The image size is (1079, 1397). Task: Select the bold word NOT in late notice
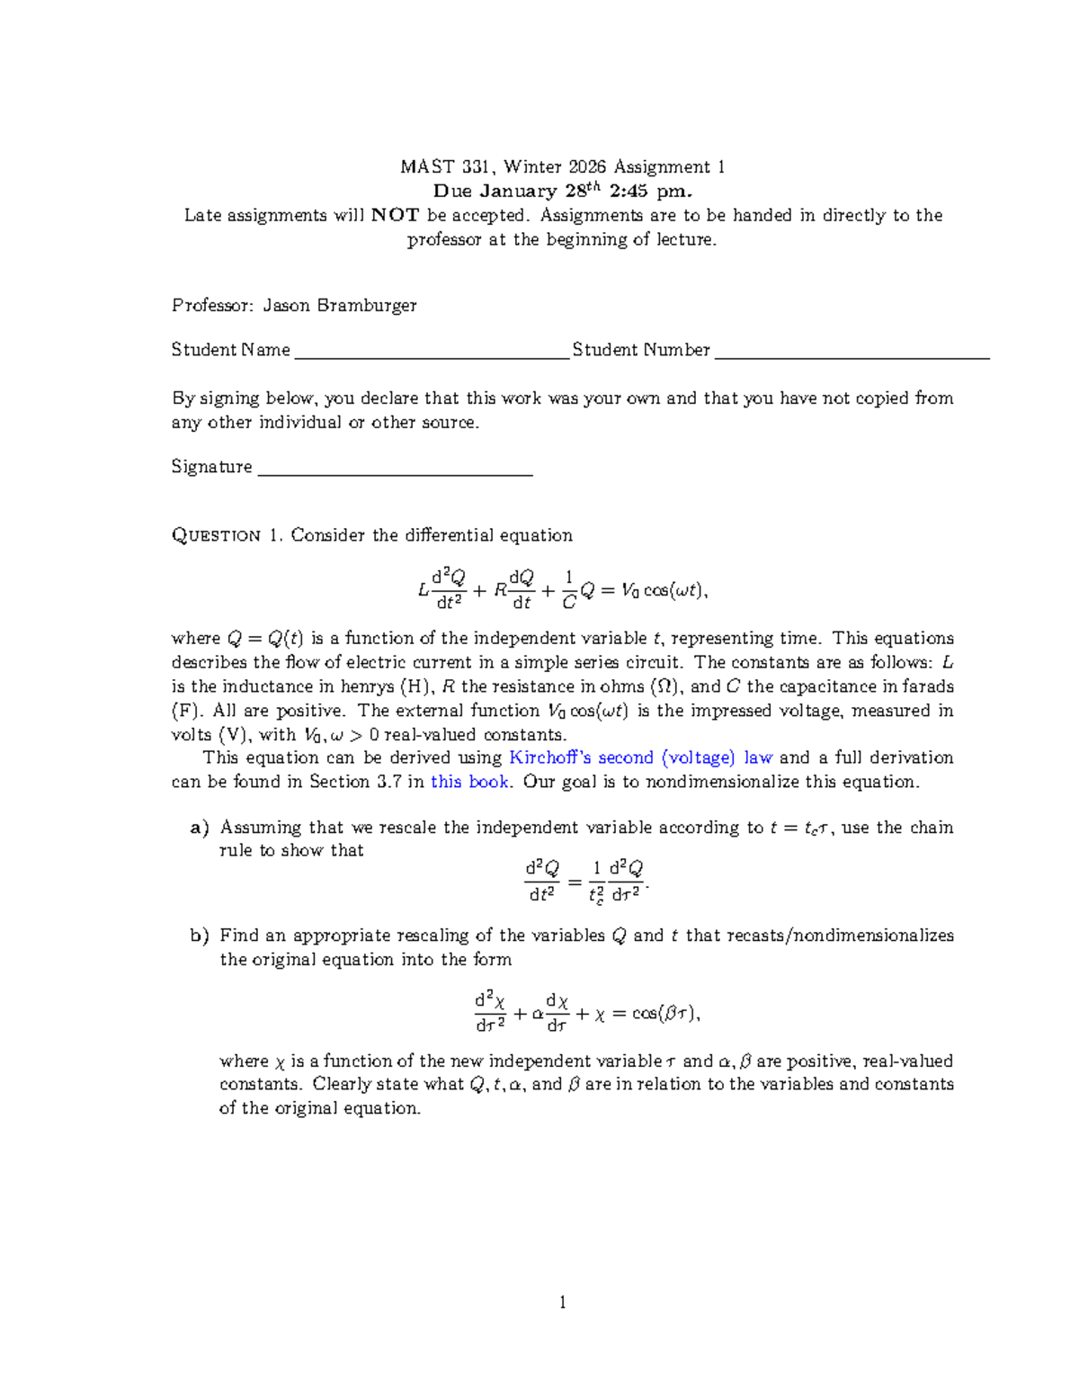pyautogui.click(x=395, y=215)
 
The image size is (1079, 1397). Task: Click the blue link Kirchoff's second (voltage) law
pyautogui.click(x=640, y=758)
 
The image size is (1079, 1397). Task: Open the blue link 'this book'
pyautogui.click(x=469, y=782)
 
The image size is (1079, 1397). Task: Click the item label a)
pyautogui.click(x=200, y=828)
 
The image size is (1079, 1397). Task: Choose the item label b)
pyautogui.click(x=200, y=936)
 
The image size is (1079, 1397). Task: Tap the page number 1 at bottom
pyautogui.click(x=563, y=1303)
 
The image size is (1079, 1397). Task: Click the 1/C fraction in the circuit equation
pyautogui.click(x=568, y=590)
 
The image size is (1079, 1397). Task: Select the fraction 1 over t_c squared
pyautogui.click(x=595, y=882)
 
